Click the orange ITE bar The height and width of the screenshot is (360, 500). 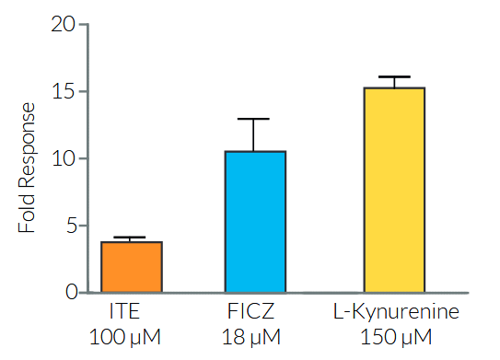(x=131, y=267)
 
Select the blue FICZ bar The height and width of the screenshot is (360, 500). (x=255, y=222)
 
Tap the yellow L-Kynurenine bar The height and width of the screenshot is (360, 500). (x=394, y=190)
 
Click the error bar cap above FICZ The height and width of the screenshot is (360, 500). (x=255, y=119)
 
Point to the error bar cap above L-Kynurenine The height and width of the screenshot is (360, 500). (x=394, y=77)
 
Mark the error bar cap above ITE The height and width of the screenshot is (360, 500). (x=131, y=238)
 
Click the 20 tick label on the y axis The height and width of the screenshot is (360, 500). (x=62, y=25)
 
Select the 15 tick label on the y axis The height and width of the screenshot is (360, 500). (x=62, y=92)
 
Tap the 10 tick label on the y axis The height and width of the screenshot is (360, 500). (x=62, y=159)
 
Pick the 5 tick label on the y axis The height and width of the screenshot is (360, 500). (x=67, y=226)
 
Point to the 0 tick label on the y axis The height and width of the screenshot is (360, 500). (x=67, y=293)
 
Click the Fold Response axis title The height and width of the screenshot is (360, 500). (x=28, y=167)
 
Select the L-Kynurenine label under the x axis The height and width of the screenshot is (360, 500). (x=394, y=312)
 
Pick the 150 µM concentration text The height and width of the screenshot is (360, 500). (x=394, y=337)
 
